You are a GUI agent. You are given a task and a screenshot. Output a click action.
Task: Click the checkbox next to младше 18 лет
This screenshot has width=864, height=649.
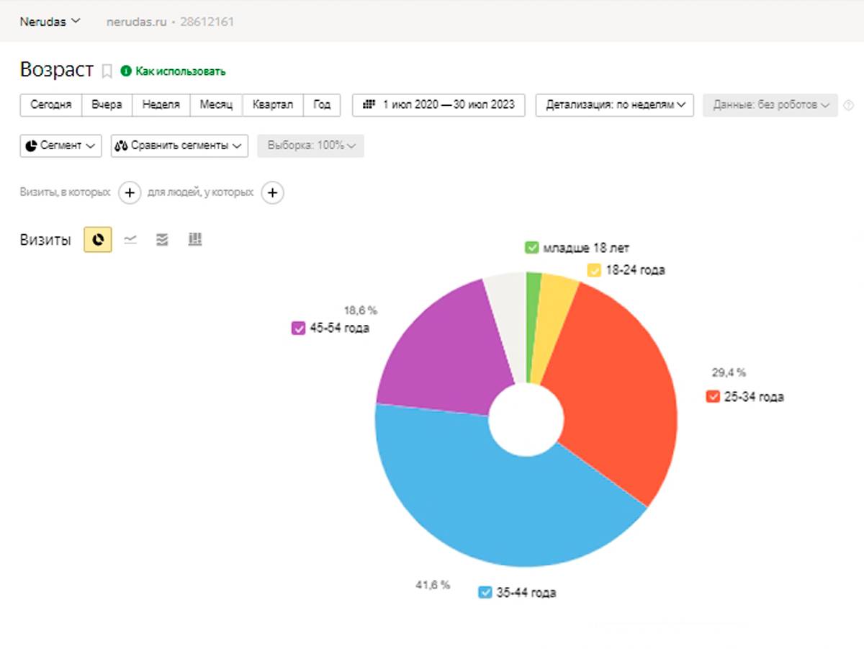click(532, 249)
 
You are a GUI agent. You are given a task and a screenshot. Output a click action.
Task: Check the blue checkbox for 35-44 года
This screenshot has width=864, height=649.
click(485, 593)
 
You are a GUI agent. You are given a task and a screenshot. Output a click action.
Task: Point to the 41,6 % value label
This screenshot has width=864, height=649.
click(433, 585)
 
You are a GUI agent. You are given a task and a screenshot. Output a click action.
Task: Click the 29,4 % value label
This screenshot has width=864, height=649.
click(729, 372)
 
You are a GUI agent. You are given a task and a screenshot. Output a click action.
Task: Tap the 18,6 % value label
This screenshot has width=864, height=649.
click(360, 310)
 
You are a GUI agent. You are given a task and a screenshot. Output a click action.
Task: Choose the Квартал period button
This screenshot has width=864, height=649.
click(273, 104)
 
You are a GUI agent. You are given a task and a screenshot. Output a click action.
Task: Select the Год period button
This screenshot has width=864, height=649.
click(322, 104)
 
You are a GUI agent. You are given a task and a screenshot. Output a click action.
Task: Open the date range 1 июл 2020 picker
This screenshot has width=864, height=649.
click(438, 104)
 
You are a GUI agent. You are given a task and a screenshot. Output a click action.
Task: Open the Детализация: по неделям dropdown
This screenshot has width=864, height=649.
click(614, 104)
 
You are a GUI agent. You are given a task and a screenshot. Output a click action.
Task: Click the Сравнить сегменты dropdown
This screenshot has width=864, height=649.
click(179, 146)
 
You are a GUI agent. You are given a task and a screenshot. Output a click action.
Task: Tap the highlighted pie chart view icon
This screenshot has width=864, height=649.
click(98, 240)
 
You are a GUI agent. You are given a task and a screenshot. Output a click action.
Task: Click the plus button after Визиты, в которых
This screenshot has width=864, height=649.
click(130, 193)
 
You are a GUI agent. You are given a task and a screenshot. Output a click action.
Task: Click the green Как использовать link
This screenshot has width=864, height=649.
click(174, 71)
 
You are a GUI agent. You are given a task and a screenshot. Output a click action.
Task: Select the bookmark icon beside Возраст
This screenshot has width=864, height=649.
click(107, 71)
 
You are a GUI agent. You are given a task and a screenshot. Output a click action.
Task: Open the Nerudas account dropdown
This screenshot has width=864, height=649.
click(50, 22)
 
